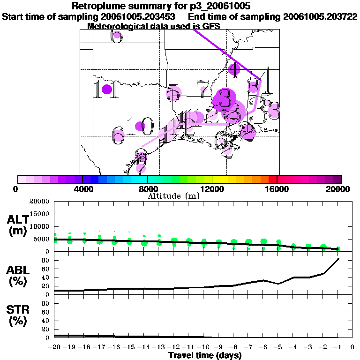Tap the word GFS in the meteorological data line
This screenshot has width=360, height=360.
211,26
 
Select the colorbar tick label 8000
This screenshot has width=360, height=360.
147,189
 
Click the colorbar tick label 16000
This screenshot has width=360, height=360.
277,189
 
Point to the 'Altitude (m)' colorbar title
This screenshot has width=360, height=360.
173,196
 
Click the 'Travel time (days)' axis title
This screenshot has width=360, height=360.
205,355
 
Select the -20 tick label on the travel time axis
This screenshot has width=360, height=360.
54,347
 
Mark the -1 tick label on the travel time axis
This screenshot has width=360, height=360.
337,347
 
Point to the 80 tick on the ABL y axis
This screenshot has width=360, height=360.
45,260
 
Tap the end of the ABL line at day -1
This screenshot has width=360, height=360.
338,259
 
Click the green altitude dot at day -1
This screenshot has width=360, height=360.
338,249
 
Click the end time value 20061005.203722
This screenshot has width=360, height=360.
321,16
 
